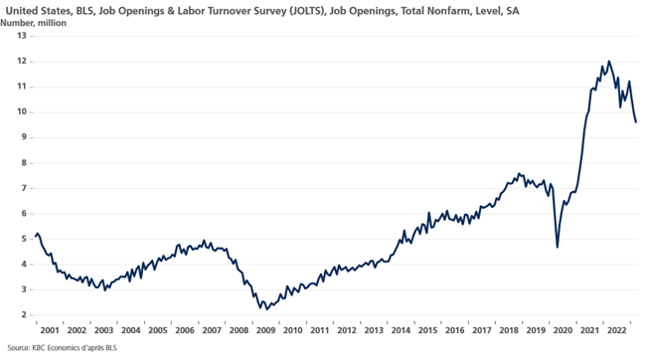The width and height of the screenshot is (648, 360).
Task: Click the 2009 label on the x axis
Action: (265, 330)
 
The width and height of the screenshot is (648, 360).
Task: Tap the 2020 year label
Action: (563, 330)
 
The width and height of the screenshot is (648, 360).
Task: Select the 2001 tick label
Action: (50, 330)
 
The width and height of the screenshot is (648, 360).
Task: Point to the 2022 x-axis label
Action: (616, 330)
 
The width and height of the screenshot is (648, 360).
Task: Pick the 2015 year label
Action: (427, 330)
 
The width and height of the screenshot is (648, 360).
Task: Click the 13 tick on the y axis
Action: (22, 36)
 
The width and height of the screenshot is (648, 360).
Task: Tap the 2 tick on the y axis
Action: (24, 315)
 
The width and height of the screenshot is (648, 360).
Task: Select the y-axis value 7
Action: (24, 188)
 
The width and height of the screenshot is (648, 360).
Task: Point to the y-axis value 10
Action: (22, 112)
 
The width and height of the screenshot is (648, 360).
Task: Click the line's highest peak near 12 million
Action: (608, 62)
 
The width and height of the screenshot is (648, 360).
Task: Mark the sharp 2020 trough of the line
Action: (558, 248)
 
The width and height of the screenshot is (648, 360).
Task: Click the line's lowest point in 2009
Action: (267, 309)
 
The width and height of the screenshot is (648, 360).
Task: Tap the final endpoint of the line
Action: (636, 122)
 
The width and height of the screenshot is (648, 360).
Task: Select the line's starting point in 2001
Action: (36, 236)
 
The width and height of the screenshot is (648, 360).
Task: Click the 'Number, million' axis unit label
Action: (33, 23)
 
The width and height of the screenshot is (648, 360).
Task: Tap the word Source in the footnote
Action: (18, 348)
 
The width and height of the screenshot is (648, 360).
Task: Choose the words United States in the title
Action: (38, 11)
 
